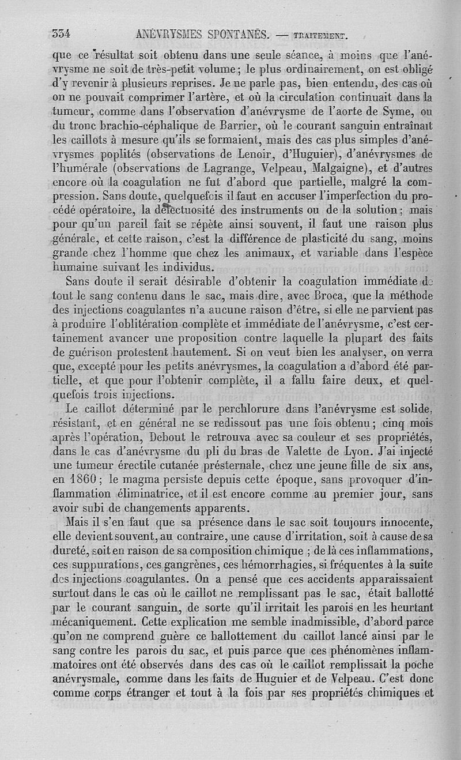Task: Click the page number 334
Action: pos(61,34)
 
